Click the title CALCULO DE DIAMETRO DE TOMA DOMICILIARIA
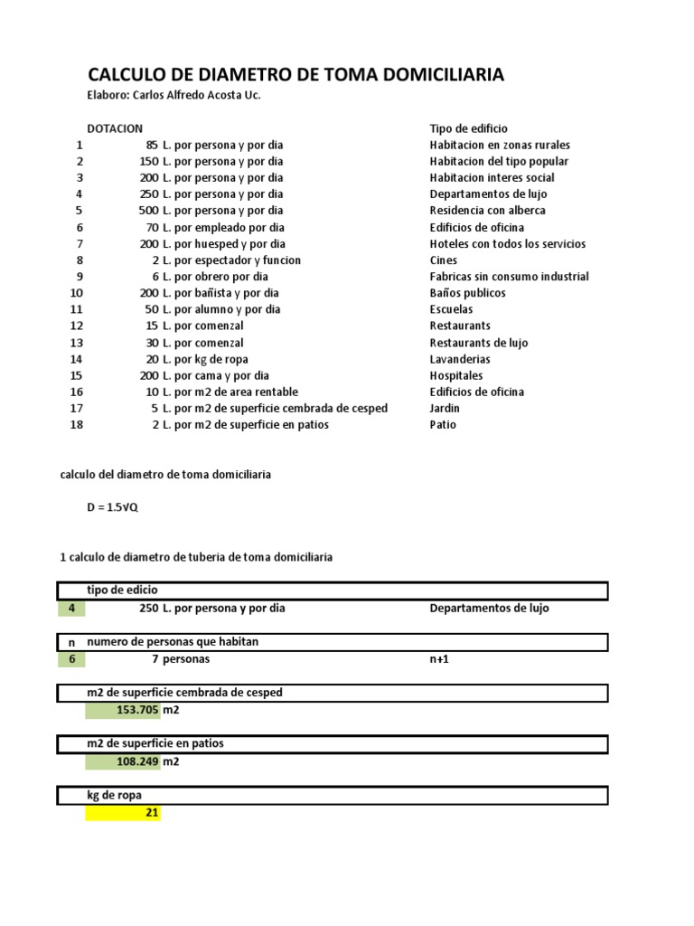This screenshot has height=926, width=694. coord(295,75)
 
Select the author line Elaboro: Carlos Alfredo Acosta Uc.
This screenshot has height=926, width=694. coord(173,95)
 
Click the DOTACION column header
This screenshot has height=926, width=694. coord(115,128)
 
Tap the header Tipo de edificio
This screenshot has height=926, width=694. coord(469,128)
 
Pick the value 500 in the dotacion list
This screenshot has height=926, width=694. coord(149,211)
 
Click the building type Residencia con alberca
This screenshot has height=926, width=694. coord(488,211)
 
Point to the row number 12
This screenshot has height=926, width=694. coord(76,326)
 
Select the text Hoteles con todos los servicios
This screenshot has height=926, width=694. coord(508,244)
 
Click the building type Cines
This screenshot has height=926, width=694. coord(443,260)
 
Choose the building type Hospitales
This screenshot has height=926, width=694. coord(456,375)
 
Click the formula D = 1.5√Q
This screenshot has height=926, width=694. coord(113,507)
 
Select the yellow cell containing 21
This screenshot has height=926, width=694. coord(123,813)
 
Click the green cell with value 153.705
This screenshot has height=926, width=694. coord(123,711)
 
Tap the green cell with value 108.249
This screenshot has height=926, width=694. coord(123,761)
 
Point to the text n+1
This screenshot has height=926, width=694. coord(439,659)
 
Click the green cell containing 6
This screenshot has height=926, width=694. coord(71,659)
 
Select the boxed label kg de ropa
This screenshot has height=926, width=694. coord(114,795)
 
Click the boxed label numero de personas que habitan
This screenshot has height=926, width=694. coord(173,642)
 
